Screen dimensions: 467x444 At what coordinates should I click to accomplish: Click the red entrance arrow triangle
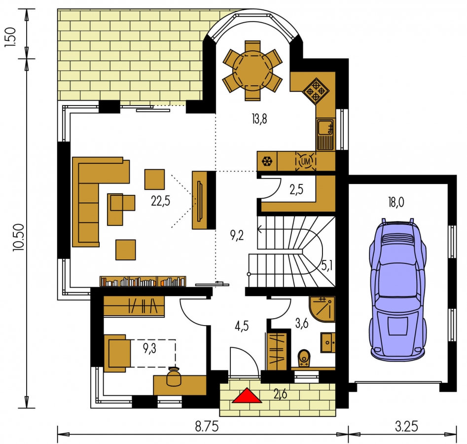(247, 396)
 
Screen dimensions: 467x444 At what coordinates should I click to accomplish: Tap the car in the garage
(397, 290)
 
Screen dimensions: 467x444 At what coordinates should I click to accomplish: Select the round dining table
(252, 71)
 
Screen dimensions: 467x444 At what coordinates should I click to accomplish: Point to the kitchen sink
(325, 134)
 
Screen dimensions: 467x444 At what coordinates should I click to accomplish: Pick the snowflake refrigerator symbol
(267, 161)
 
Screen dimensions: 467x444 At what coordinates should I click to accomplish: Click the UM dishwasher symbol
(306, 161)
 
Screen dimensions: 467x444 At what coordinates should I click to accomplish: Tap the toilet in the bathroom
(304, 358)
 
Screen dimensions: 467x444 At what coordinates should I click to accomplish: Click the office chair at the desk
(174, 377)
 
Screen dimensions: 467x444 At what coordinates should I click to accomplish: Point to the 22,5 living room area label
(161, 201)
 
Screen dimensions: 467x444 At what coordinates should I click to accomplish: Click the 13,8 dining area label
(259, 119)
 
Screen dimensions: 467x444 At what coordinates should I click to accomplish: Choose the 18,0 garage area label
(396, 202)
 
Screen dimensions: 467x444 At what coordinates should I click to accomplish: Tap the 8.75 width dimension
(207, 426)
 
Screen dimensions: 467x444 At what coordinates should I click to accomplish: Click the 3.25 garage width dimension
(406, 426)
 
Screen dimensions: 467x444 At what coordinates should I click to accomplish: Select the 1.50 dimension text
(10, 37)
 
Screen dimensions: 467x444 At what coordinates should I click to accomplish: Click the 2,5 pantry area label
(296, 189)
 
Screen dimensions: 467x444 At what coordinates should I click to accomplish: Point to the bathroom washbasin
(328, 343)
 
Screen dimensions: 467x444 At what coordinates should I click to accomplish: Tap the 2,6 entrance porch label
(280, 394)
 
